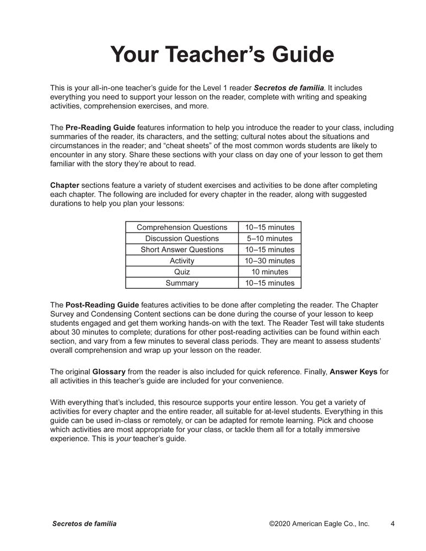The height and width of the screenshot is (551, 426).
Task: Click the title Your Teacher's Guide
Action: pos(222,55)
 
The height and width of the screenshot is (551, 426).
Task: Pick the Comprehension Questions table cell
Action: pos(182,228)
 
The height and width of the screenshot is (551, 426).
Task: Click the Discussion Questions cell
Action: pos(182,239)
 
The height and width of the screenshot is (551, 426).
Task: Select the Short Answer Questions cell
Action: pos(182,250)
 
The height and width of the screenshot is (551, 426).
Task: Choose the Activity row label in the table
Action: pos(182,261)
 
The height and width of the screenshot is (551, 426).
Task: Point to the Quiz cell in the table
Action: pos(182,272)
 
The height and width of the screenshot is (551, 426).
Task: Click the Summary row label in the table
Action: pos(182,283)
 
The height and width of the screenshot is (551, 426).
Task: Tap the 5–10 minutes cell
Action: pos(269,239)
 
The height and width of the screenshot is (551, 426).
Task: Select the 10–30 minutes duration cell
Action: pos(269,261)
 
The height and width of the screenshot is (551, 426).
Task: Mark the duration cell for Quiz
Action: pos(269,272)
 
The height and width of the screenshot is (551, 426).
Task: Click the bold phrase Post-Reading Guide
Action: pos(102,305)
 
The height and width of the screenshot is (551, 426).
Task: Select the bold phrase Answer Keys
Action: pos(353,372)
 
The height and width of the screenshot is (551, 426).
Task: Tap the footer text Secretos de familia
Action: pos(84,524)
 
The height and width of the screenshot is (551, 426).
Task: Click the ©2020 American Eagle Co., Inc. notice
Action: pos(319,524)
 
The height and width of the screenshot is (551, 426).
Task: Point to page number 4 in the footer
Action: pos(392,524)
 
